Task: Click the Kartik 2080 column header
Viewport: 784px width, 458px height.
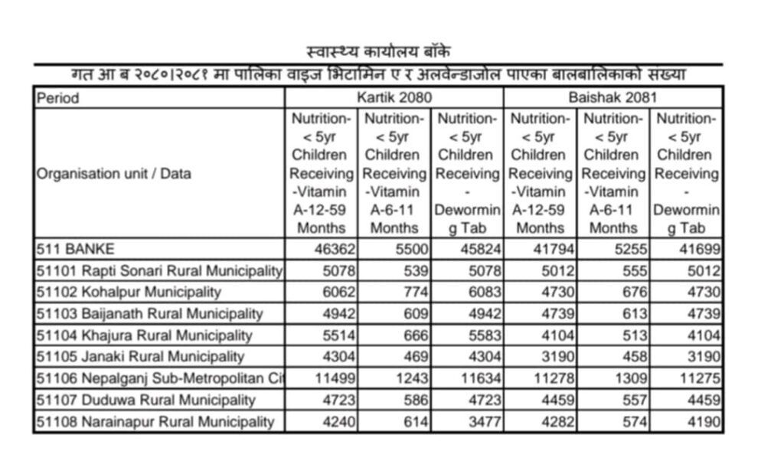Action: (394, 97)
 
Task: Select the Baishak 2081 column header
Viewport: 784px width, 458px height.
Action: (612, 97)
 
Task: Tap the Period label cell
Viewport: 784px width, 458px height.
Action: (58, 98)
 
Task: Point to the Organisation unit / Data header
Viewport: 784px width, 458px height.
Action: (114, 174)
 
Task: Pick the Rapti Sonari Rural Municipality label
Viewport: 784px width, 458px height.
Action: (159, 270)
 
